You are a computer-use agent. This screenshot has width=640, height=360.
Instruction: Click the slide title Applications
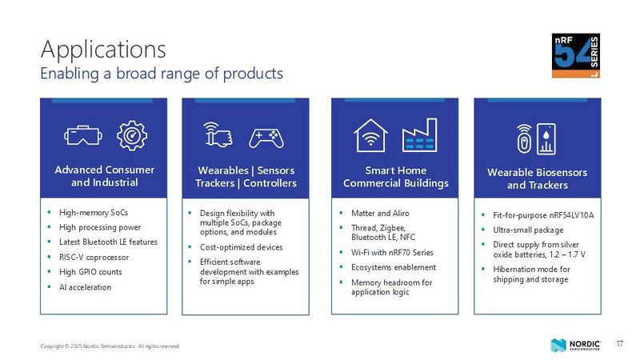tap(103, 49)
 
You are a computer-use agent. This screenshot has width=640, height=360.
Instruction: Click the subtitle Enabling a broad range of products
tap(162, 74)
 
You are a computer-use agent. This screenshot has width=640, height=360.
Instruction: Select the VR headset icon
tap(82, 137)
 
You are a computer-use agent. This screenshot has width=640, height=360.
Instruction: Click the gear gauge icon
tap(132, 136)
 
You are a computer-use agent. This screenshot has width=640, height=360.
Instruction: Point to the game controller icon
tap(265, 138)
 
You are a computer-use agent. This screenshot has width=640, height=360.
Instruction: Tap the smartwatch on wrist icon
tap(218, 136)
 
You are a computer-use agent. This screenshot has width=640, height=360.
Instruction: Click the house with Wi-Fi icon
tap(370, 134)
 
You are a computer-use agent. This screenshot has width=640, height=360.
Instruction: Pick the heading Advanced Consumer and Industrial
tap(104, 176)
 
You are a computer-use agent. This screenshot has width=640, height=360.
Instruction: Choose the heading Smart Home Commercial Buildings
tap(395, 177)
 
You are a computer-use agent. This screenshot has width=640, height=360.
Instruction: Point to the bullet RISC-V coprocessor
tap(94, 257)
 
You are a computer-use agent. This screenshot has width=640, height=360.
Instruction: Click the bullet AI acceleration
tap(85, 287)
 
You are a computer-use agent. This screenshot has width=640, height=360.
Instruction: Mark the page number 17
tap(619, 344)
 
